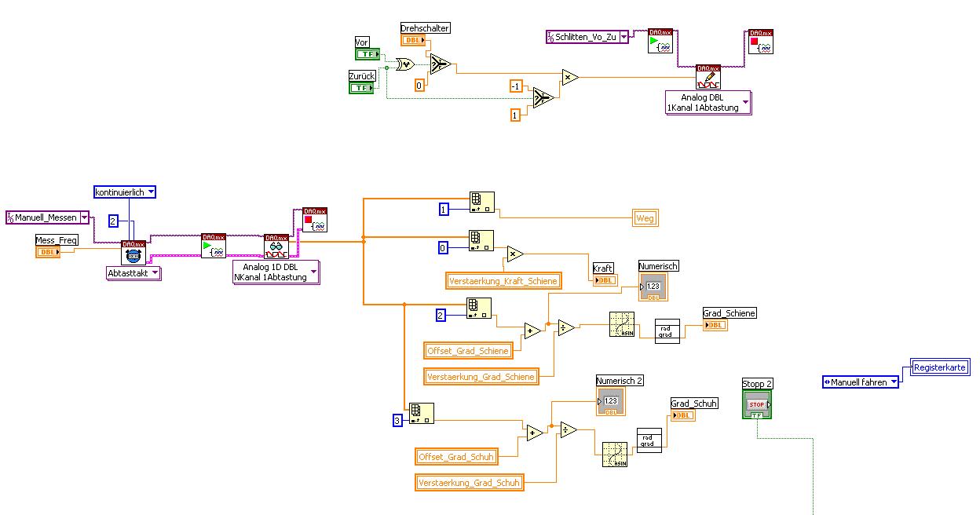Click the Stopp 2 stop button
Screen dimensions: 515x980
(x=757, y=404)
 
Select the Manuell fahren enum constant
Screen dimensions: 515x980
(x=860, y=382)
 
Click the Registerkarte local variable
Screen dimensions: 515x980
(x=940, y=367)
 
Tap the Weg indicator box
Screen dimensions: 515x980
(x=645, y=219)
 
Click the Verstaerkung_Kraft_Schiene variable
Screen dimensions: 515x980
(x=503, y=281)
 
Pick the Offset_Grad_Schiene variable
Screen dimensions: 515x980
(x=468, y=350)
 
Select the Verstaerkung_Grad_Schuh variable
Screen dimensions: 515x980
(x=469, y=483)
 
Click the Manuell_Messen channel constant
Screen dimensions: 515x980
(x=46, y=217)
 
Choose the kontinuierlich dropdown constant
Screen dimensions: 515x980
(x=125, y=192)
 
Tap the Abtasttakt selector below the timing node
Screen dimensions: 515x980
(x=133, y=273)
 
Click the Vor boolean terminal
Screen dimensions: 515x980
(x=367, y=54)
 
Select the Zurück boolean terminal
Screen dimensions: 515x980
(x=361, y=88)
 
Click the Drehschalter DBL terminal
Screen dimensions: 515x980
(x=413, y=40)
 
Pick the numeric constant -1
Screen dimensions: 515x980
(x=515, y=86)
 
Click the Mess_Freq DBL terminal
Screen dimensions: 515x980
(x=48, y=252)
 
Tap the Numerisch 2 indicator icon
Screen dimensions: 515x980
(x=610, y=400)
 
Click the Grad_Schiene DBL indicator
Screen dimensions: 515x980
(x=715, y=325)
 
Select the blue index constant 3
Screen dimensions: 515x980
(x=397, y=422)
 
